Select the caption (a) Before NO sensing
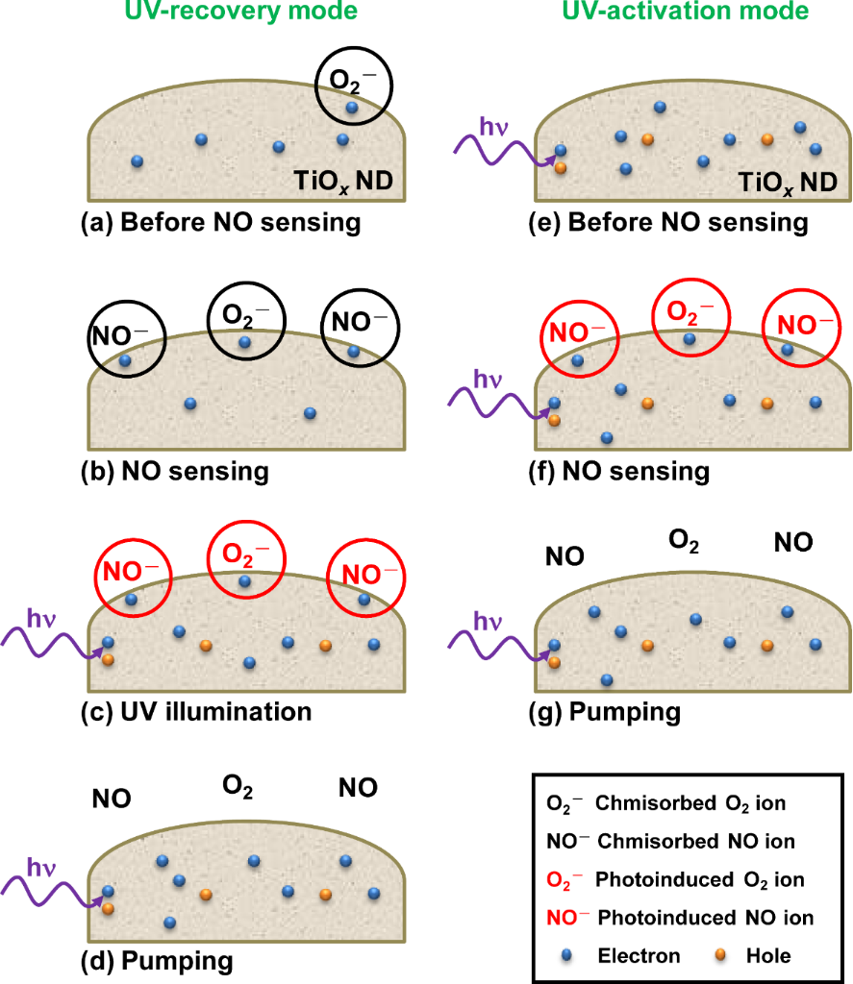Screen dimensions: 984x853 point(220,224)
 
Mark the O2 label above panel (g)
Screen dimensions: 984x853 point(684,541)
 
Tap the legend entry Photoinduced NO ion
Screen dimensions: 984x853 point(680,918)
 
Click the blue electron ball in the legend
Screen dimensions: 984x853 point(564,955)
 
